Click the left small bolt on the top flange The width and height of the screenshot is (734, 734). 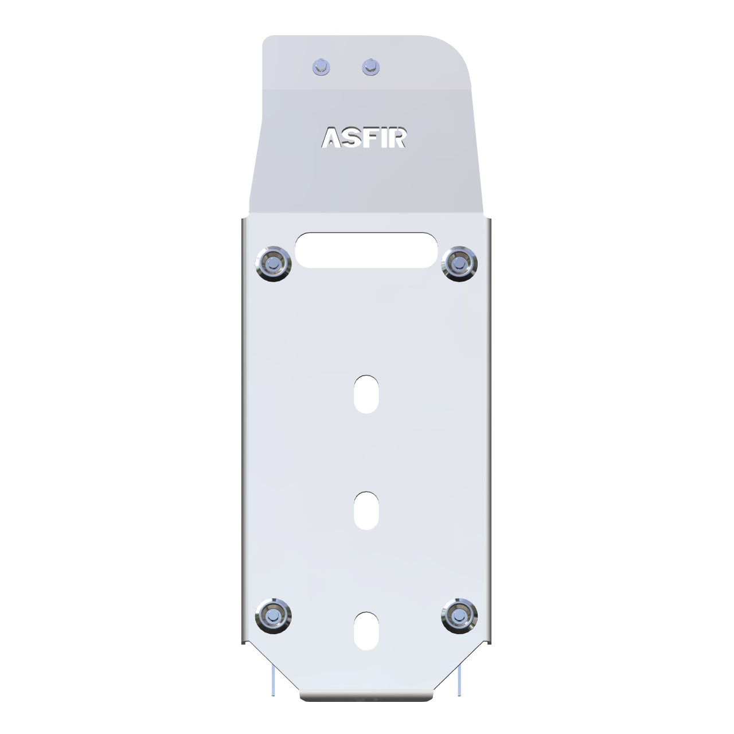[x=321, y=68]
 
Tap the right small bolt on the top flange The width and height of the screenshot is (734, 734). [x=370, y=68]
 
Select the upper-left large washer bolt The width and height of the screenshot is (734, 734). [x=273, y=264]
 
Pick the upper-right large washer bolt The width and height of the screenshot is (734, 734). [x=459, y=264]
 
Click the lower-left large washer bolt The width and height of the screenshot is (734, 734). [x=273, y=615]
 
